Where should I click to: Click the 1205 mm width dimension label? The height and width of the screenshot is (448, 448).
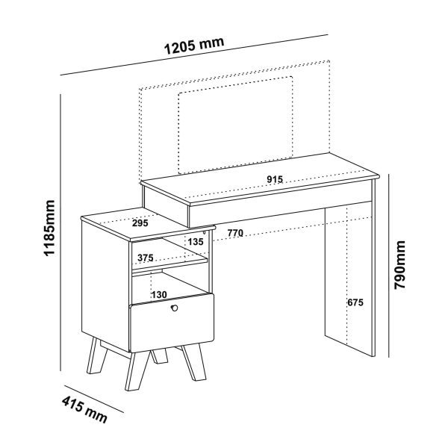(194, 46)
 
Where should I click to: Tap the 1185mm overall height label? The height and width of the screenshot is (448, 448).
(49, 228)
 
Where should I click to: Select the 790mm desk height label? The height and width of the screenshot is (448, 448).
(399, 265)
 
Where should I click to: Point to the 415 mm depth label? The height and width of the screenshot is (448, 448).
(84, 409)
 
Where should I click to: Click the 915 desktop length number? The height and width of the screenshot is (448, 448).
(275, 179)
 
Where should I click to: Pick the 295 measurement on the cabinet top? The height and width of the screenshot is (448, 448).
(140, 223)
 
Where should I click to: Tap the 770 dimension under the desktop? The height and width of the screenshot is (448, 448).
(235, 233)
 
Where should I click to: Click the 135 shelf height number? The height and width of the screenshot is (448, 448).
(196, 242)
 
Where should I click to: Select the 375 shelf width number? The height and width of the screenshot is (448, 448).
(146, 258)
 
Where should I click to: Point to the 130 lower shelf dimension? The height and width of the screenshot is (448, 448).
(159, 295)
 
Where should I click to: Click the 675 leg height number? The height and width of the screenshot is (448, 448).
(355, 302)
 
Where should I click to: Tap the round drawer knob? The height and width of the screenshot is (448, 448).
(174, 308)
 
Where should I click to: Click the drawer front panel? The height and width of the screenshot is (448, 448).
(172, 323)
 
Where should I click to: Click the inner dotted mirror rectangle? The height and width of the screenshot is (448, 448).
(235, 125)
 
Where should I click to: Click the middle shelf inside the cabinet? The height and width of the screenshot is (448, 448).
(170, 265)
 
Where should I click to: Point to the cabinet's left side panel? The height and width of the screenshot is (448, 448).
(105, 284)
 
